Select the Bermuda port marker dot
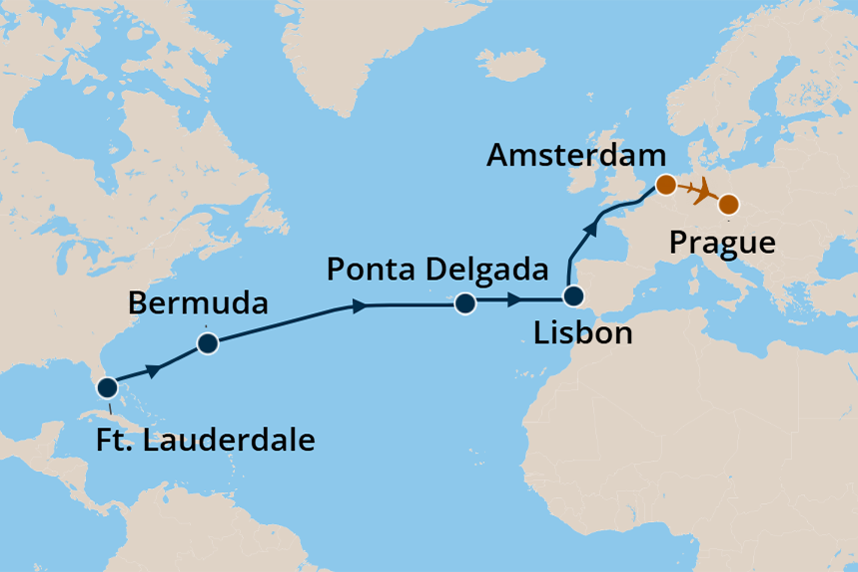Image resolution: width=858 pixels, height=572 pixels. tap(208, 344)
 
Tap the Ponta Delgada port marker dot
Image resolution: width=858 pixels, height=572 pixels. tap(463, 304)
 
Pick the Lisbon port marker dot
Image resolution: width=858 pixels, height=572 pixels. tap(572, 296)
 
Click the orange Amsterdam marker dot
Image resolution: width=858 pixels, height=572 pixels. tap(664, 185)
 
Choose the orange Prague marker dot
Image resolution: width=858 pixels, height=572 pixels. tap(729, 205)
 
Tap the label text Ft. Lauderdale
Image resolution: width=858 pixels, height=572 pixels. tap(206, 439)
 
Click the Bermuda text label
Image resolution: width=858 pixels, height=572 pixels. tap(199, 302)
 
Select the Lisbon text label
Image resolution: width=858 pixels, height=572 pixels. tap(582, 333)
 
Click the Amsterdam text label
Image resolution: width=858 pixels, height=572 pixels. tap(576, 156)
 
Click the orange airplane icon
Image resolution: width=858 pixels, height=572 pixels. tap(703, 190)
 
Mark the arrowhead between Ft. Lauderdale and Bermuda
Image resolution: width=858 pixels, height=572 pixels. tap(154, 370)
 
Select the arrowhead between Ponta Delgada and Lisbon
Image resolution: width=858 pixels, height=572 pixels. tap(513, 298)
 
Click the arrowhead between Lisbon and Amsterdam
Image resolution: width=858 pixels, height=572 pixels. tap(592, 229)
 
